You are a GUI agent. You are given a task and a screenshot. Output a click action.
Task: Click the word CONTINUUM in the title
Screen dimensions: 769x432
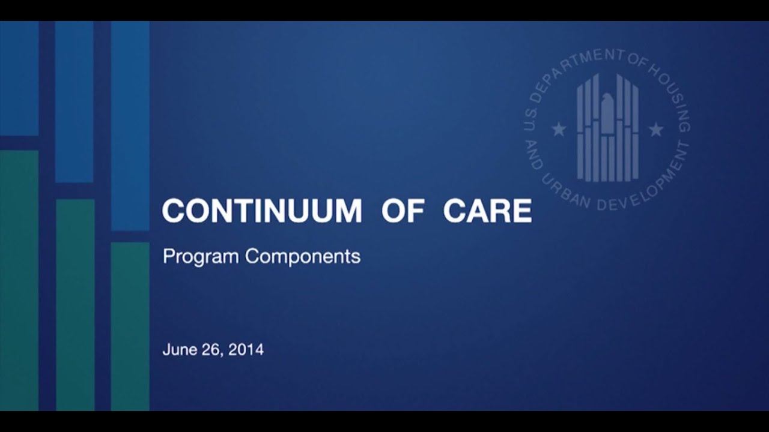click(261, 210)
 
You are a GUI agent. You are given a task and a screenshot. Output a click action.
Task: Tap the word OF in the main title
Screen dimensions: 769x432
click(403, 210)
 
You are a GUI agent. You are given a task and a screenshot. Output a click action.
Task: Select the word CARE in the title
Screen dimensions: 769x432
click(487, 210)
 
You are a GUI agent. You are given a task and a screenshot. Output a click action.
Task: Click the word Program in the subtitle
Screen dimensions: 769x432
click(201, 257)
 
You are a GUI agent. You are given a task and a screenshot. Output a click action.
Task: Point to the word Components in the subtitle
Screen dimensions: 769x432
click(302, 257)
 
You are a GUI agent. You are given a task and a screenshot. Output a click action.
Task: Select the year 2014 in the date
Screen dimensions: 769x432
click(246, 349)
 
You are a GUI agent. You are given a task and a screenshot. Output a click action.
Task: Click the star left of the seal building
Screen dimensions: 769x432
click(559, 129)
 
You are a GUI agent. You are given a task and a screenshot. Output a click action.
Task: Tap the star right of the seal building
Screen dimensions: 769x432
click(656, 129)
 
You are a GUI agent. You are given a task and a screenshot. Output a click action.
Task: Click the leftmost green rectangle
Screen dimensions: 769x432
click(19, 280)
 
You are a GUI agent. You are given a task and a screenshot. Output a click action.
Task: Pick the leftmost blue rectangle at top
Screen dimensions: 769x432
click(19, 78)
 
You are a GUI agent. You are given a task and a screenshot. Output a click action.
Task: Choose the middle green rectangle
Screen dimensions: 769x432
click(75, 305)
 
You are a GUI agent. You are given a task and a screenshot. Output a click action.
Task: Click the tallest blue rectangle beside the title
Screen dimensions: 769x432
click(130, 126)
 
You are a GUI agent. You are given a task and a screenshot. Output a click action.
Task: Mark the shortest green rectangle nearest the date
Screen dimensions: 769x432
click(130, 326)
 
